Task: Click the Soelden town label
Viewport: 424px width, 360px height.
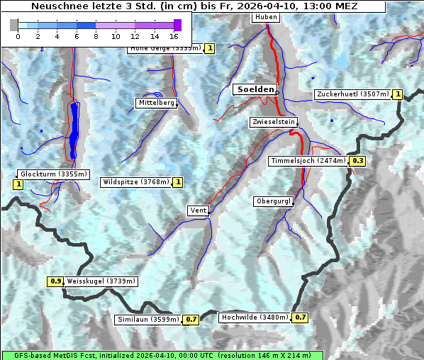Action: pyautogui.click(x=254, y=89)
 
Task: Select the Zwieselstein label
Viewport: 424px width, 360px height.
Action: pyautogui.click(x=273, y=123)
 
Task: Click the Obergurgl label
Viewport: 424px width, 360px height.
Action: pyautogui.click(x=273, y=202)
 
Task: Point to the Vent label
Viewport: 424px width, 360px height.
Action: pyautogui.click(x=198, y=210)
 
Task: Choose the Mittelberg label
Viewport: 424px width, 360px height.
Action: pyautogui.click(x=156, y=103)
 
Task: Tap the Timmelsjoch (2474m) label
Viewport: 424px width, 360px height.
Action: pyautogui.click(x=308, y=161)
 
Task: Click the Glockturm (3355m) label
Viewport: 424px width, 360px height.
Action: pyautogui.click(x=54, y=174)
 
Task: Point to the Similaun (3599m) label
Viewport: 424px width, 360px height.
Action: pyautogui.click(x=148, y=320)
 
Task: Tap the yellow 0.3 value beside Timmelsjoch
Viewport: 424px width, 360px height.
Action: pyautogui.click(x=358, y=161)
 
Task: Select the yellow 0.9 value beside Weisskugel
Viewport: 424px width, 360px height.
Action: pyautogui.click(x=55, y=281)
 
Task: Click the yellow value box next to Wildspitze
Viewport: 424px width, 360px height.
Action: pyautogui.click(x=178, y=182)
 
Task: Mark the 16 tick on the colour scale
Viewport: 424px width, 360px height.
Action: pyautogui.click(x=174, y=35)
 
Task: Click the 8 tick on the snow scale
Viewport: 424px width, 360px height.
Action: pyautogui.click(x=96, y=35)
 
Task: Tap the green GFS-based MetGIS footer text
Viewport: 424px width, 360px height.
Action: pyautogui.click(x=162, y=355)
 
